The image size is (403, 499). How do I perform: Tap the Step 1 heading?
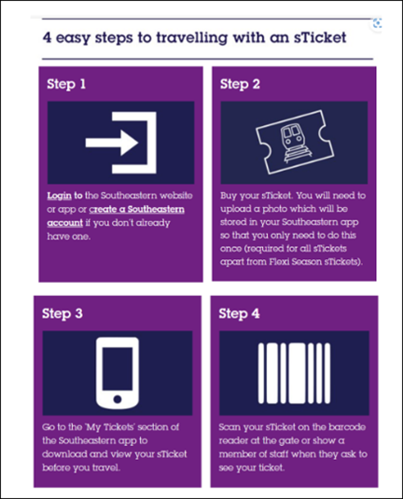pyautogui.click(x=66, y=84)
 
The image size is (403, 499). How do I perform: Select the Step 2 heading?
pyautogui.click(x=240, y=84)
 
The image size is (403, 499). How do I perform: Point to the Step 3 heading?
pyautogui.click(x=63, y=313)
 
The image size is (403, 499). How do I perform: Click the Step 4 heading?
pyautogui.click(x=239, y=313)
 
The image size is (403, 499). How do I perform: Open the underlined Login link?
pyautogui.click(x=59, y=195)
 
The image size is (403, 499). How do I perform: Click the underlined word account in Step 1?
pyautogui.click(x=65, y=223)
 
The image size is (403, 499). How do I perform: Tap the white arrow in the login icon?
pyautogui.click(x=112, y=143)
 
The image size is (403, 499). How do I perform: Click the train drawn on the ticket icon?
pyautogui.click(x=291, y=143)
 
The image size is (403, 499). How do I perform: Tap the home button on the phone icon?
pyautogui.click(x=118, y=399)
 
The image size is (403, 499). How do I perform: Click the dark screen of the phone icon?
pyautogui.click(x=118, y=368)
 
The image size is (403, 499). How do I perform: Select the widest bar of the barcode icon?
pyautogui.click(x=297, y=373)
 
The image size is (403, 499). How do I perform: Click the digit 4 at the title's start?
pyautogui.click(x=47, y=37)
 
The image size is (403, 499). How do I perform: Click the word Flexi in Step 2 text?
pyautogui.click(x=280, y=261)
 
